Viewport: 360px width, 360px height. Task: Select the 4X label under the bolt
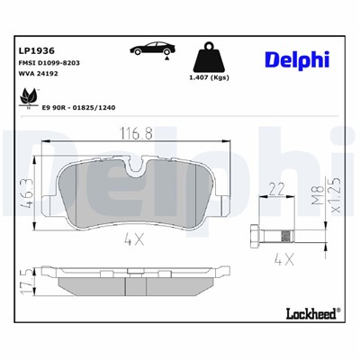pyautogui.click(x=283, y=259)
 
